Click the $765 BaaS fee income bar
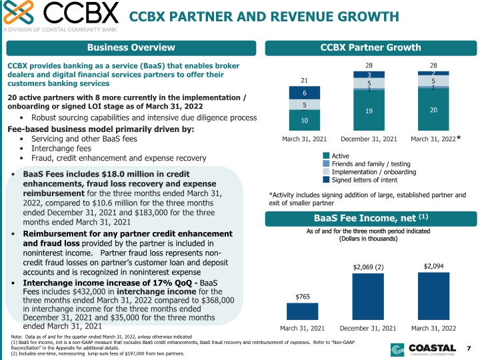[302, 311]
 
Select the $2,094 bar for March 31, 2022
[433, 296]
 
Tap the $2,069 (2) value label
[368, 267]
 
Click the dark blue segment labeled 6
[304, 93]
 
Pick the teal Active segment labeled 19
[369, 110]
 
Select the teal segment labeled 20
[433, 109]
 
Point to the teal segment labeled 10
[304, 120]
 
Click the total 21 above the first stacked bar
[304, 80]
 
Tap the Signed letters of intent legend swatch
[326, 180]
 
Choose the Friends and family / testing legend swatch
[326, 163]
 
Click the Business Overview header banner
[131, 48]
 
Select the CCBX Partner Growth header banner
[371, 48]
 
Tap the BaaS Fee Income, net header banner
[371, 219]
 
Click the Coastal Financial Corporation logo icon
[397, 350]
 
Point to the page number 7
[469, 349]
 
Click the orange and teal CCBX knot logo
[19, 12]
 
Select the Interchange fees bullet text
[61, 149]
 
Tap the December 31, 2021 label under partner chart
[369, 139]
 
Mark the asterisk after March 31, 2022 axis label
[459, 138]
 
